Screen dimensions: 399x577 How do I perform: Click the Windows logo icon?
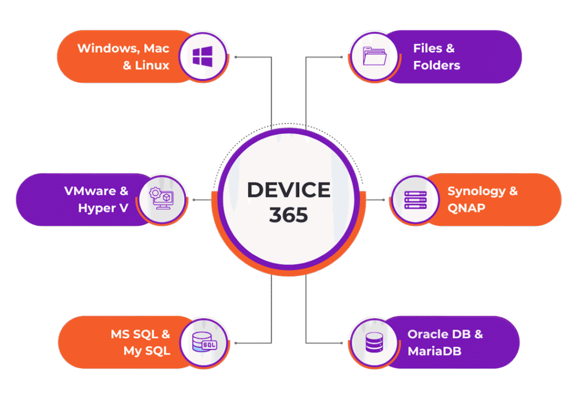point(202,56)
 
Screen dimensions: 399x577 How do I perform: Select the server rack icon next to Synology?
point(415,200)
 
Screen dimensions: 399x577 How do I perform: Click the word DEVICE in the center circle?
point(288,190)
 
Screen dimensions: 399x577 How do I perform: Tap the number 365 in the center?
point(288,215)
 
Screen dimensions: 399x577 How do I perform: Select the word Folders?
point(437,65)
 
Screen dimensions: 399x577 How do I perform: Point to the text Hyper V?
point(103,208)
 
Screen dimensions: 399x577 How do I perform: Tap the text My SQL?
point(147,351)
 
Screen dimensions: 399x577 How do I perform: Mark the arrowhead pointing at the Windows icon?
point(236,57)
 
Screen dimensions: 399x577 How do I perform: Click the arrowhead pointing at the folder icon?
point(341,57)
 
